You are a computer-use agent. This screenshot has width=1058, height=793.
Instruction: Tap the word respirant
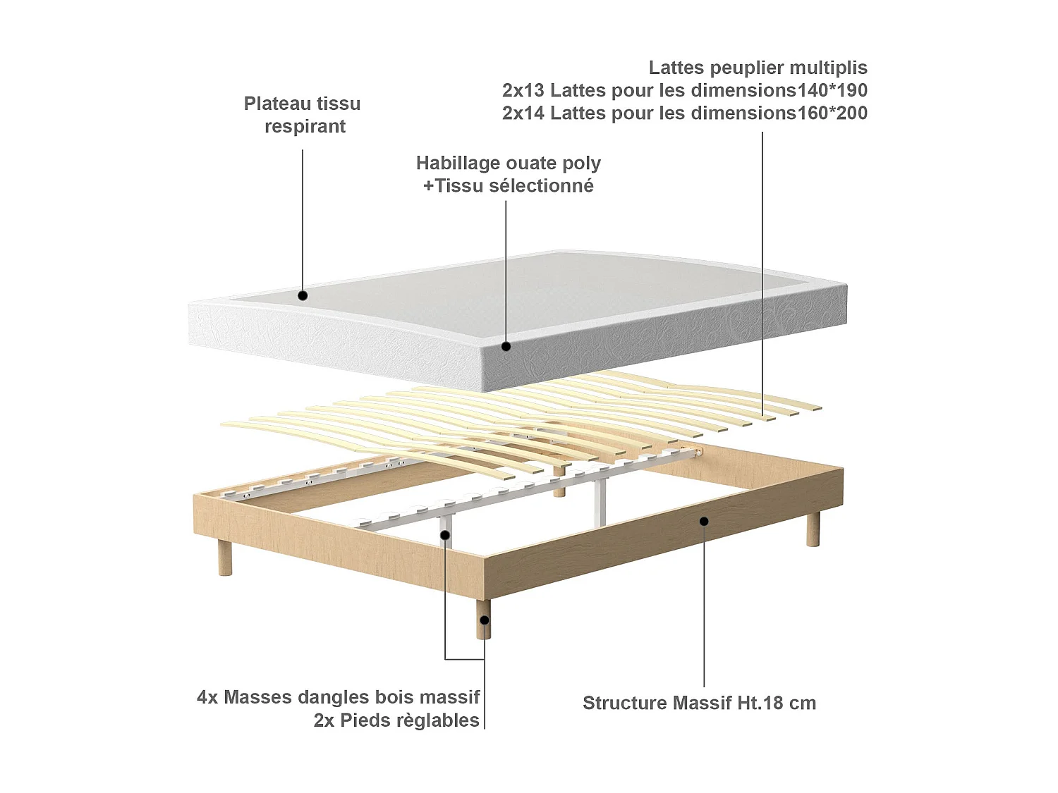click(305, 127)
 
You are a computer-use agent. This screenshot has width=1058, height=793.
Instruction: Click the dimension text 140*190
click(832, 90)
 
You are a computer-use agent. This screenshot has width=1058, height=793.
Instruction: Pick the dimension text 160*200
click(832, 113)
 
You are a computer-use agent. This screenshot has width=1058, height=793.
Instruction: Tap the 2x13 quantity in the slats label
click(523, 90)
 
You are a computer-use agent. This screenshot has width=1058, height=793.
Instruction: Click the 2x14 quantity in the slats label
click(523, 113)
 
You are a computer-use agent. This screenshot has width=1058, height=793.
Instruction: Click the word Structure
click(624, 703)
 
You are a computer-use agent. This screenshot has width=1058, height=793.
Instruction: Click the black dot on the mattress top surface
click(303, 295)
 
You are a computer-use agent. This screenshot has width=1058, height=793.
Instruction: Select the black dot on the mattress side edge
click(506, 346)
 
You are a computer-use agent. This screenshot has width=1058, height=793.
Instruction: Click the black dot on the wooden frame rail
click(704, 521)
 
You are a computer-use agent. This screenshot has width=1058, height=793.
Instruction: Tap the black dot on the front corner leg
click(485, 620)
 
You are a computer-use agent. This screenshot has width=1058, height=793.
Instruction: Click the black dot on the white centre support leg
click(445, 535)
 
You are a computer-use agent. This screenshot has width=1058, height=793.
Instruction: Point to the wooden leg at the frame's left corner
click(225, 558)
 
